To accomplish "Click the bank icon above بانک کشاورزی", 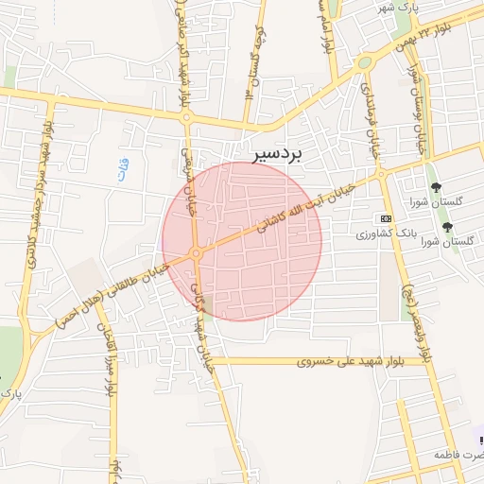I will pos(385,218).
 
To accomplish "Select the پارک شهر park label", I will pos(398,8).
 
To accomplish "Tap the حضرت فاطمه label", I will pos(458,455).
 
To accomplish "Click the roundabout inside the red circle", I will pos(196,253).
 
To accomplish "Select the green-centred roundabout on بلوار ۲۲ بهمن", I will pos(364,63).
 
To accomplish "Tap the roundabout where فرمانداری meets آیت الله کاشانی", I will pos(382,174).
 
